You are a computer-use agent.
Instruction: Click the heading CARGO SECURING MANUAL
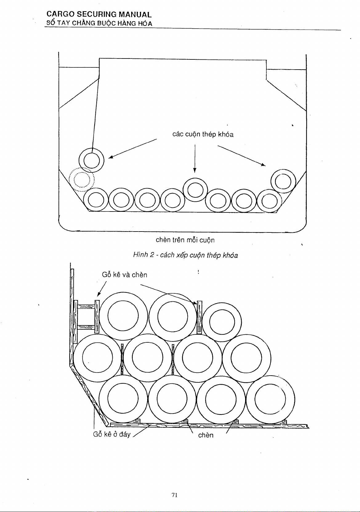(x=99, y=14)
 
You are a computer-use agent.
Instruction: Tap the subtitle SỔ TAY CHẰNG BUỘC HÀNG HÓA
(x=99, y=23)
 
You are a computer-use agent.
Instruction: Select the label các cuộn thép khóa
(x=203, y=135)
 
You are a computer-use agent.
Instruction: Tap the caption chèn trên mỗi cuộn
(x=185, y=240)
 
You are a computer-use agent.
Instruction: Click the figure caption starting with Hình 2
(x=185, y=255)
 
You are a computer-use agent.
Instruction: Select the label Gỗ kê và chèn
(x=125, y=275)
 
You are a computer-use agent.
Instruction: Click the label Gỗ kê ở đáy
(x=112, y=434)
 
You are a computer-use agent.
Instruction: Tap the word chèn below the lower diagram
(x=206, y=435)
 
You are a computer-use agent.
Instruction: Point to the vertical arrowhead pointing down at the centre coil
(x=195, y=170)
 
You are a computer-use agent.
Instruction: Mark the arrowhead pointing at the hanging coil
(x=111, y=157)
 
